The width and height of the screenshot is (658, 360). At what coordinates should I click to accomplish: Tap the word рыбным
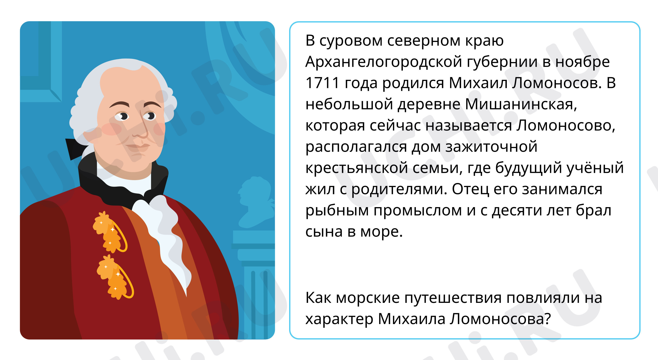click(x=337, y=211)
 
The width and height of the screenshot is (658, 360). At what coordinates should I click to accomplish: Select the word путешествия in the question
click(x=453, y=298)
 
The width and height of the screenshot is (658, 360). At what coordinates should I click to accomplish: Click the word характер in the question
click(x=339, y=319)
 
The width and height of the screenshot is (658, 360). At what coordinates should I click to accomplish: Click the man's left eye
click(x=150, y=116)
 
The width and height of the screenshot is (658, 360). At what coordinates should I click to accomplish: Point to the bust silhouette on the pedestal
click(x=255, y=202)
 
